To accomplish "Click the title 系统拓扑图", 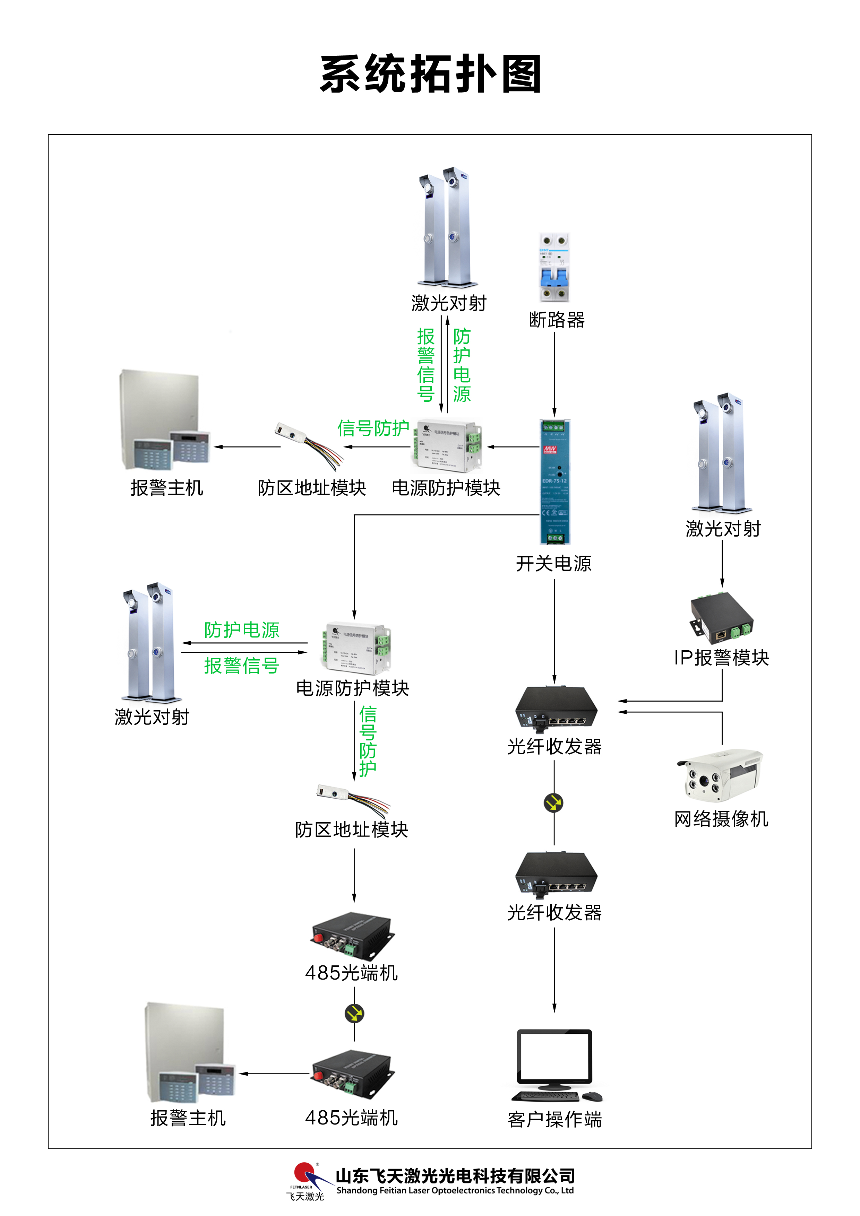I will coord(430,74).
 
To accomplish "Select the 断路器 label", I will coord(556,320).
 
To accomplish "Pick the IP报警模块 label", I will coord(721,658).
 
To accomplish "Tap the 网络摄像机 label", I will coord(721,819).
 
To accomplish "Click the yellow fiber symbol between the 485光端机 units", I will coord(354,1014).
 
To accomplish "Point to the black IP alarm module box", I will coord(721,614).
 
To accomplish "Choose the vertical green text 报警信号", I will coord(425,365).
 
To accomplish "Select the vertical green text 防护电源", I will coord(462,365).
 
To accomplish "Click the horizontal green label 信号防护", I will coord(373,428).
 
